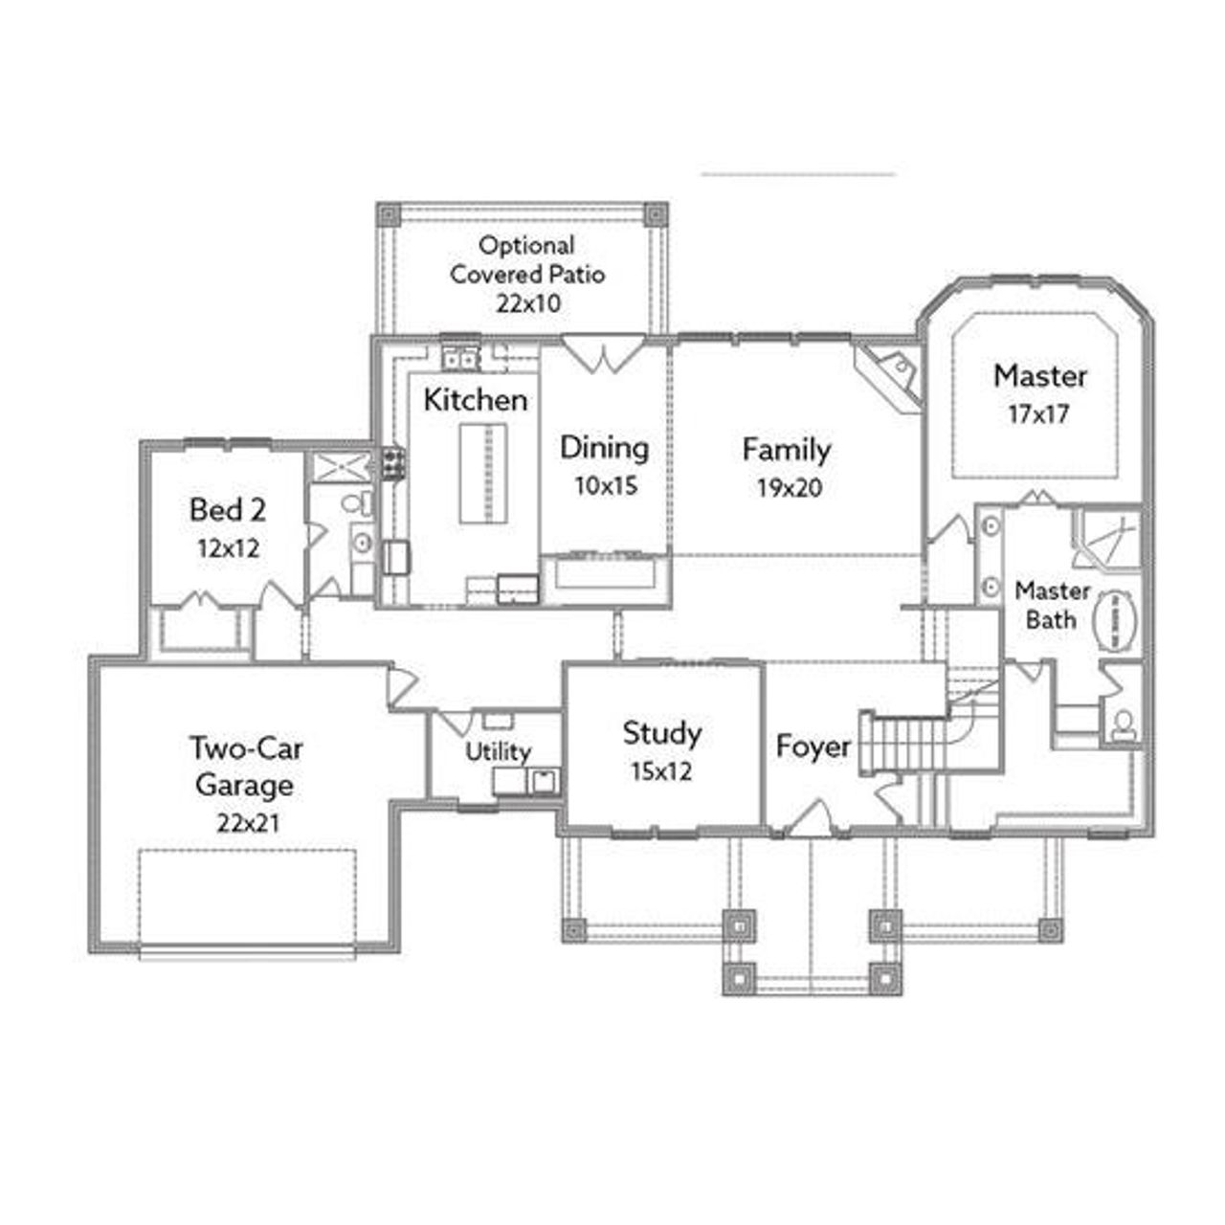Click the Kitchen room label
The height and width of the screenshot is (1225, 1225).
[475, 399]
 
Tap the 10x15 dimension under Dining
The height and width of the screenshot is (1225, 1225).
[605, 486]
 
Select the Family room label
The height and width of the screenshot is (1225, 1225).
[787, 449]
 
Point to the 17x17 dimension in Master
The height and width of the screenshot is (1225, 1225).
[1038, 414]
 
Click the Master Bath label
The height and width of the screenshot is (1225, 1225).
[1052, 605]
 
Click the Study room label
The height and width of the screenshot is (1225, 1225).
[661, 733]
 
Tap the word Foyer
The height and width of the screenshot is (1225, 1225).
[813, 746]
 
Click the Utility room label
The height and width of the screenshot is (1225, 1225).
[498, 752]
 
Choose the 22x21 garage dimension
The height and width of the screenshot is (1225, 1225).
[248, 822]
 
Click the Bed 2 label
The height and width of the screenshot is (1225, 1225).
[228, 509]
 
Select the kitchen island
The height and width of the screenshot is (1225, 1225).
[483, 473]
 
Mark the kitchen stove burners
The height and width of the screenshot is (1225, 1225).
[393, 463]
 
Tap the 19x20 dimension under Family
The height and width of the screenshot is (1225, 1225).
[789, 488]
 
